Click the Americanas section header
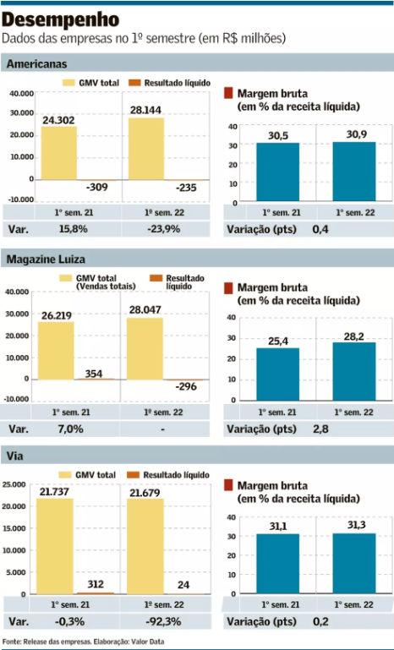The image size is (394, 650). coord(36,64)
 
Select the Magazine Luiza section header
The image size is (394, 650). coord(47,259)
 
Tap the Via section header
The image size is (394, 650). coord(14,456)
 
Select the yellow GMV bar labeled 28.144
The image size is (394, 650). coord(146,149)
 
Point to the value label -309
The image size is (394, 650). coord(99,187)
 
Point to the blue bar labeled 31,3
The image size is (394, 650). coord(353,564)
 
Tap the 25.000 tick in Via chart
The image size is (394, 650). coord(17,484)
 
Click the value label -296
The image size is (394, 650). coord(185,387)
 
